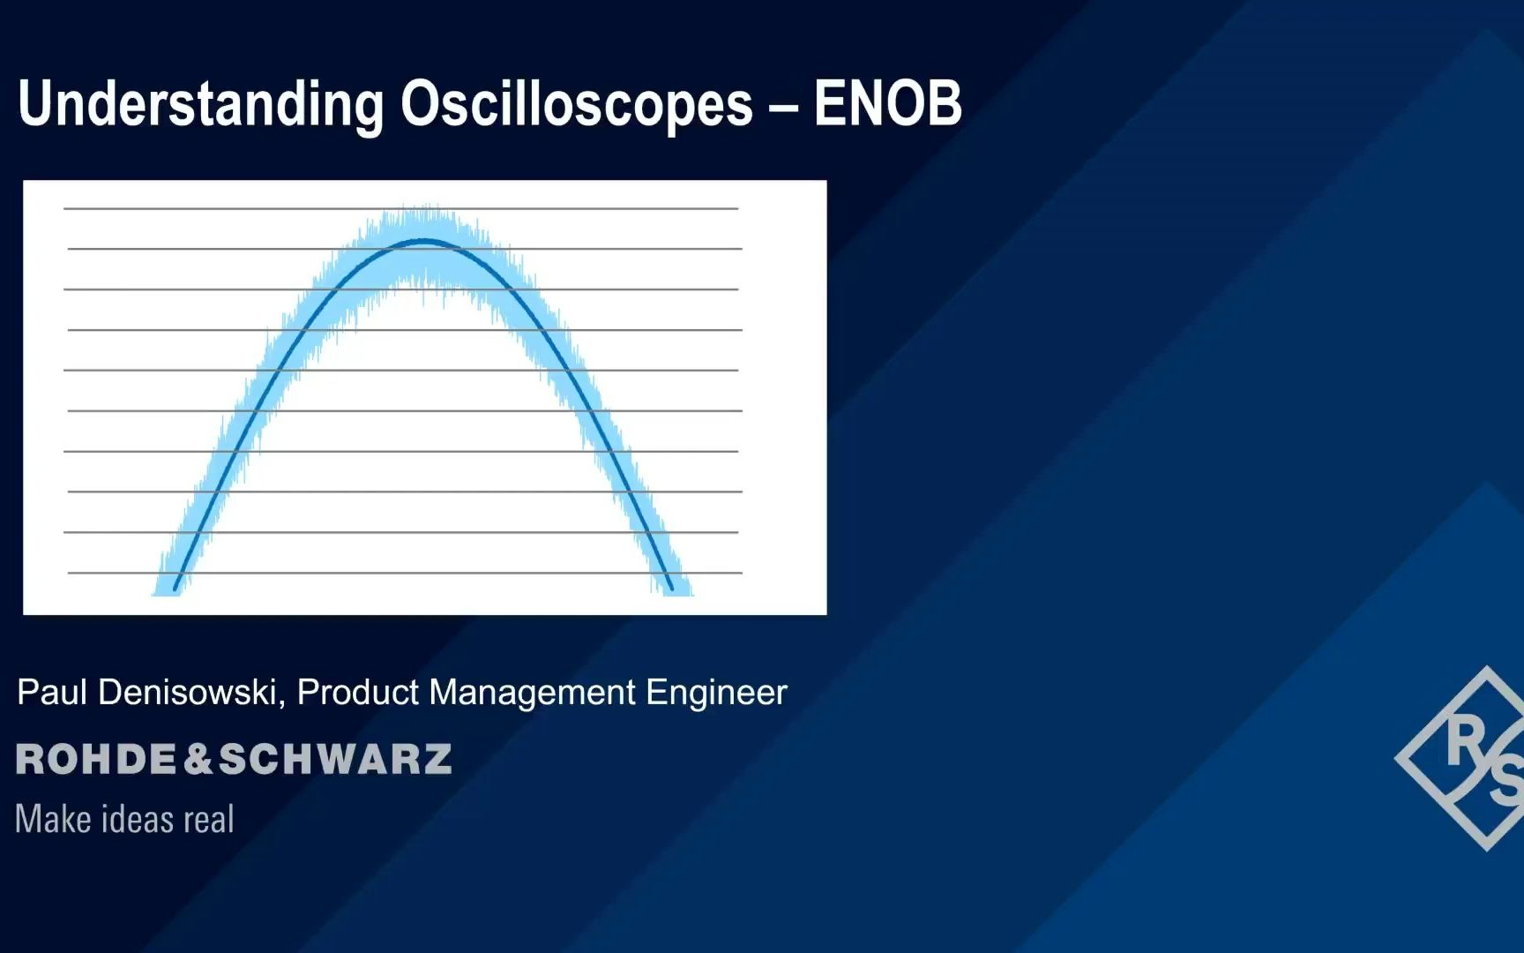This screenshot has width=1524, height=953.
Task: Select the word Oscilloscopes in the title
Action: pos(576,104)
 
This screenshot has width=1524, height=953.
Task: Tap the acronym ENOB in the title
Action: pos(887,104)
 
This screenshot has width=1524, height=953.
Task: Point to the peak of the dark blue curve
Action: pos(425,240)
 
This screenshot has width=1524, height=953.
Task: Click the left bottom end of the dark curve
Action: pos(176,589)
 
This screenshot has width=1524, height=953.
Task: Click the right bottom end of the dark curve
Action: pos(671,589)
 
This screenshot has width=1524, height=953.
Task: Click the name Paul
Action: pos(52,693)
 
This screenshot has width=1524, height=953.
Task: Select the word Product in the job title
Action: pos(358,693)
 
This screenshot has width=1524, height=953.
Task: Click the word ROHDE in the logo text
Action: pos(96,760)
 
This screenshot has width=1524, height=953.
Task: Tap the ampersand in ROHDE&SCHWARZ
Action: pos(198,760)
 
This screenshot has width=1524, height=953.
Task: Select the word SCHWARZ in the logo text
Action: pos(335,760)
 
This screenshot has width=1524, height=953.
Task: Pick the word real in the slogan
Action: pos(209,820)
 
